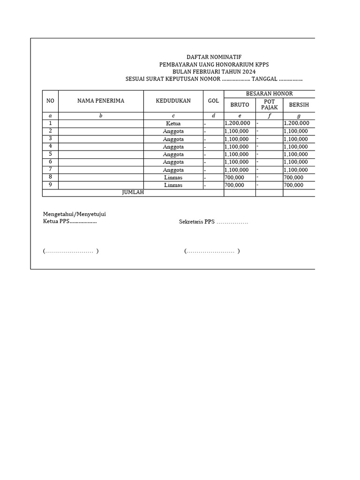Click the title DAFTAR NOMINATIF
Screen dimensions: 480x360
click(x=214, y=57)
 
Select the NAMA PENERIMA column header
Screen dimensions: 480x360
click(x=101, y=101)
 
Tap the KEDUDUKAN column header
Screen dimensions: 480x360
click(x=173, y=101)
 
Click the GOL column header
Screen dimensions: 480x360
click(x=213, y=101)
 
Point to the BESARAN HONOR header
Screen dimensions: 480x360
click(x=269, y=94)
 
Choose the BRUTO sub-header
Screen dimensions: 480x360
click(x=240, y=105)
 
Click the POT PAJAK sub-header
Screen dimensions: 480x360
click(x=269, y=105)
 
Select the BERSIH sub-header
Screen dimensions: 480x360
click(x=299, y=105)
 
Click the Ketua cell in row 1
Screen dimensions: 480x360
click(x=173, y=124)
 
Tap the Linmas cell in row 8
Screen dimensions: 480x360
click(x=173, y=178)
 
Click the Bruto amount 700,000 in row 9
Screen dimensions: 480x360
click(x=234, y=185)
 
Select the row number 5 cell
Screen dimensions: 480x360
click(x=50, y=154)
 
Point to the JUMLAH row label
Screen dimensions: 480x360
click(x=133, y=193)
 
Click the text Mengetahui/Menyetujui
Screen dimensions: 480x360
click(x=75, y=214)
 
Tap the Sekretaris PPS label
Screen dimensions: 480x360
click(x=196, y=222)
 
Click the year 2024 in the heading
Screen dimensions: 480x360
click(x=248, y=72)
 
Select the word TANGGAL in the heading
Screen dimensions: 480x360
click(x=265, y=79)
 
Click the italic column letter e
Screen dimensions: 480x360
click(x=240, y=116)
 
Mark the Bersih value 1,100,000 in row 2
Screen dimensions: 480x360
click(x=296, y=131)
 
